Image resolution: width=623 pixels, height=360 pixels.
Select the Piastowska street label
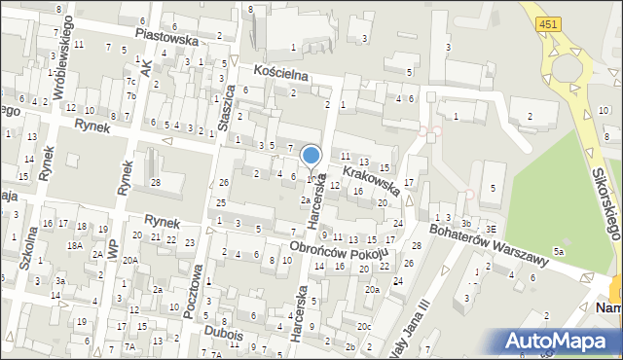[x=166, y=36]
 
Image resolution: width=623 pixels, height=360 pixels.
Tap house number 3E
[x=491, y=229]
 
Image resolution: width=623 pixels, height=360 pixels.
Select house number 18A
[x=74, y=246]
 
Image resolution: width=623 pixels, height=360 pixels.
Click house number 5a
[x=559, y=252]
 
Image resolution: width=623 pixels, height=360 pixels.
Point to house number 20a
[x=372, y=290]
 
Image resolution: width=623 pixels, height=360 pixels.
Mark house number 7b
[x=130, y=95]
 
